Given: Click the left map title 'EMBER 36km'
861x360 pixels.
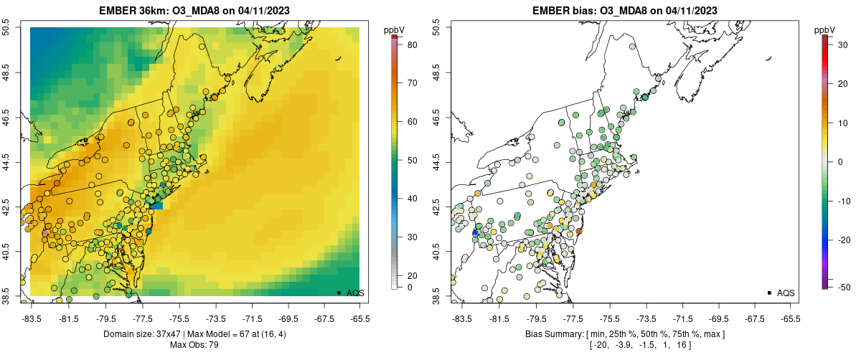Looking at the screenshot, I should coord(133,11).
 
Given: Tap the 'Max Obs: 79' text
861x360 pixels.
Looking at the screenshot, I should coord(194,345).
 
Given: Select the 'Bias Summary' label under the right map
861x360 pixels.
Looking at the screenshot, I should coord(555,334).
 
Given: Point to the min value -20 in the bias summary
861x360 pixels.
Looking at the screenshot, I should coord(601,345).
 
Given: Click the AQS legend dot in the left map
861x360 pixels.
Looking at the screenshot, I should coord(339,293).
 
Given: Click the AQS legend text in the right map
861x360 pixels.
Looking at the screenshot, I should coord(786,293).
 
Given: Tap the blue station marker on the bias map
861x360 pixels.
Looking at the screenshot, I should coord(475,232).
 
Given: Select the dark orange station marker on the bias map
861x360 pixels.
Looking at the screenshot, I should coord(578,231).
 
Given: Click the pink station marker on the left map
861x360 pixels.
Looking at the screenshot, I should coord(45,232).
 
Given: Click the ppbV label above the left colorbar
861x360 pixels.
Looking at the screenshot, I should coord(394,29).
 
